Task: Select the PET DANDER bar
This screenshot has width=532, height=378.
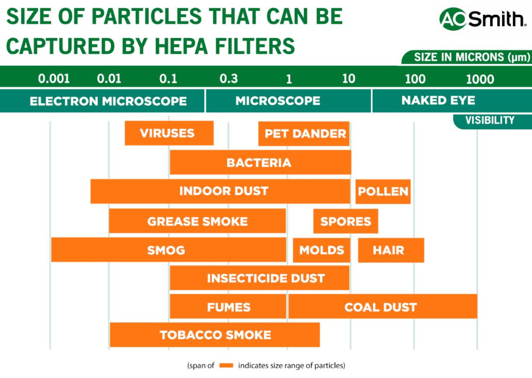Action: pyautogui.click(x=304, y=134)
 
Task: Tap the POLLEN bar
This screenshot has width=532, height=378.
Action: pyautogui.click(x=383, y=191)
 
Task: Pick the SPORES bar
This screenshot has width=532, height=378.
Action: pyautogui.click(x=346, y=221)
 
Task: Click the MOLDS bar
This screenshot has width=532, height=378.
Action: pyautogui.click(x=322, y=250)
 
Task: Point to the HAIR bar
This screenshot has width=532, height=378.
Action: pyautogui.click(x=390, y=250)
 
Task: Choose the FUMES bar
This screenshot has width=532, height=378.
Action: pyautogui.click(x=228, y=307)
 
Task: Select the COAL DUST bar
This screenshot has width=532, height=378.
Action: pyautogui.click(x=383, y=307)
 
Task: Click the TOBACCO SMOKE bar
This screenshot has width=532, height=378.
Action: pyautogui.click(x=215, y=335)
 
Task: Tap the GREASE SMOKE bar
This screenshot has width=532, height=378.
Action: pyautogui.click(x=197, y=221)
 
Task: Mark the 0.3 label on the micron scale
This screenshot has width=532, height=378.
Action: pyautogui.click(x=228, y=78)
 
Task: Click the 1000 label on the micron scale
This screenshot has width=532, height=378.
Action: pyautogui.click(x=480, y=79)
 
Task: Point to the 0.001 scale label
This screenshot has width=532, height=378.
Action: pyautogui.click(x=54, y=78)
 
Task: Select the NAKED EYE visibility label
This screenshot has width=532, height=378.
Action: pyautogui.click(x=438, y=101)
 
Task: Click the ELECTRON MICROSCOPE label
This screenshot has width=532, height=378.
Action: pyautogui.click(x=108, y=101)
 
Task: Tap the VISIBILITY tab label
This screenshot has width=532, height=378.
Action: pyautogui.click(x=490, y=120)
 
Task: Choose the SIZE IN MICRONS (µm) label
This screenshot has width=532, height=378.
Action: pyautogui.click(x=472, y=57)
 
